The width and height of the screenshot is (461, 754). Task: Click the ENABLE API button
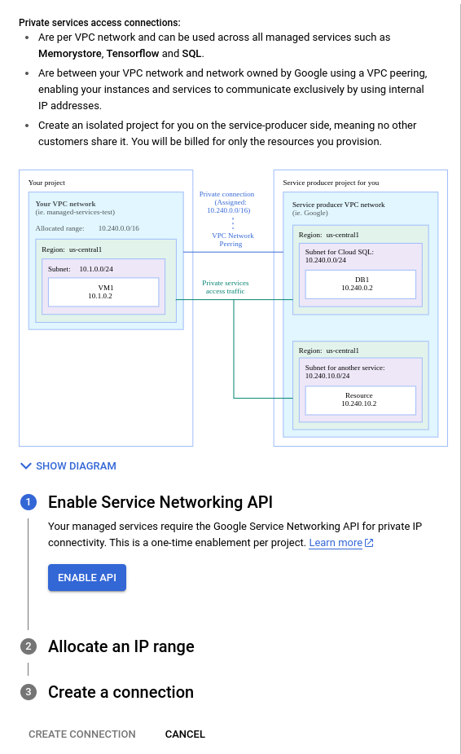click(87, 578)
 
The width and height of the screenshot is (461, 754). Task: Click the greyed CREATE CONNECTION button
click(82, 734)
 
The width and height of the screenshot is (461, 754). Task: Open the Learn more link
click(336, 543)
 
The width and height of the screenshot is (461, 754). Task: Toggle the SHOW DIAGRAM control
click(68, 466)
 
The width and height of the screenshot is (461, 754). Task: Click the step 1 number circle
click(29, 502)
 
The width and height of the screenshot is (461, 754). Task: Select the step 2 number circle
click(29, 646)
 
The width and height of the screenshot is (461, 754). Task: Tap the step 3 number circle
click(29, 692)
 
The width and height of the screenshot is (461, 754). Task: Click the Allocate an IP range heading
click(121, 646)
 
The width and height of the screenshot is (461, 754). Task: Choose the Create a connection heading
click(121, 692)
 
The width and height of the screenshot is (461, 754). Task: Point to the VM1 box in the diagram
click(103, 292)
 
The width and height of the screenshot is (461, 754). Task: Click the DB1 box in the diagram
click(360, 284)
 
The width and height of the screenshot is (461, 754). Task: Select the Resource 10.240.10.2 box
click(359, 399)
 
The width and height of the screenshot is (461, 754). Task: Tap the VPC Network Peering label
click(233, 239)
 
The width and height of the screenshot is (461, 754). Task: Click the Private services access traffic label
click(226, 287)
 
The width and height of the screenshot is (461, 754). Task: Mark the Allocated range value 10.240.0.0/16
click(119, 227)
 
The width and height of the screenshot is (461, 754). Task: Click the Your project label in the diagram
click(46, 183)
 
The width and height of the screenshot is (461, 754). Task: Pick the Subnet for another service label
click(345, 368)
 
